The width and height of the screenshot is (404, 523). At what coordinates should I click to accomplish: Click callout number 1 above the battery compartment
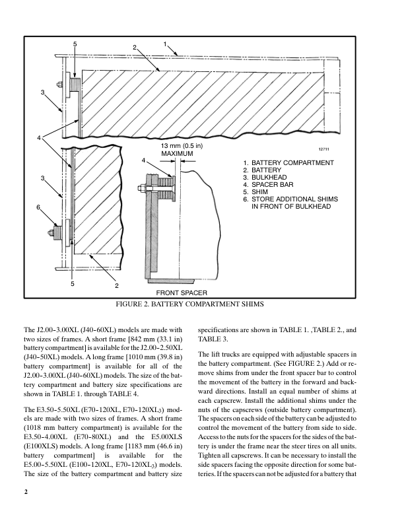point(164,44)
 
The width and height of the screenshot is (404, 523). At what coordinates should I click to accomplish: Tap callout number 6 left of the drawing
point(38,207)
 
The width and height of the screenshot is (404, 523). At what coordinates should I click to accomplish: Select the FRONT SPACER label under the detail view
point(182,292)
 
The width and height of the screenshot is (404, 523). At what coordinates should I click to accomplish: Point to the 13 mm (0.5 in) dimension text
point(182,145)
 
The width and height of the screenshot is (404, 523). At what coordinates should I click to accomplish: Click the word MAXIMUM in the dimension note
point(177,154)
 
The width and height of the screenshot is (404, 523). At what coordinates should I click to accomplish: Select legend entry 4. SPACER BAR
point(273,185)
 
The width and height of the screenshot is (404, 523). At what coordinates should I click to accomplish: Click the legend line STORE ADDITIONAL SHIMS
point(290,199)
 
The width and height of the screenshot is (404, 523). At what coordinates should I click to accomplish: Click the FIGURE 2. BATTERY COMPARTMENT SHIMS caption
point(189,304)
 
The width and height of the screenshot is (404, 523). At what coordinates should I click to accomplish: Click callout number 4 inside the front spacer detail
point(143,161)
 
